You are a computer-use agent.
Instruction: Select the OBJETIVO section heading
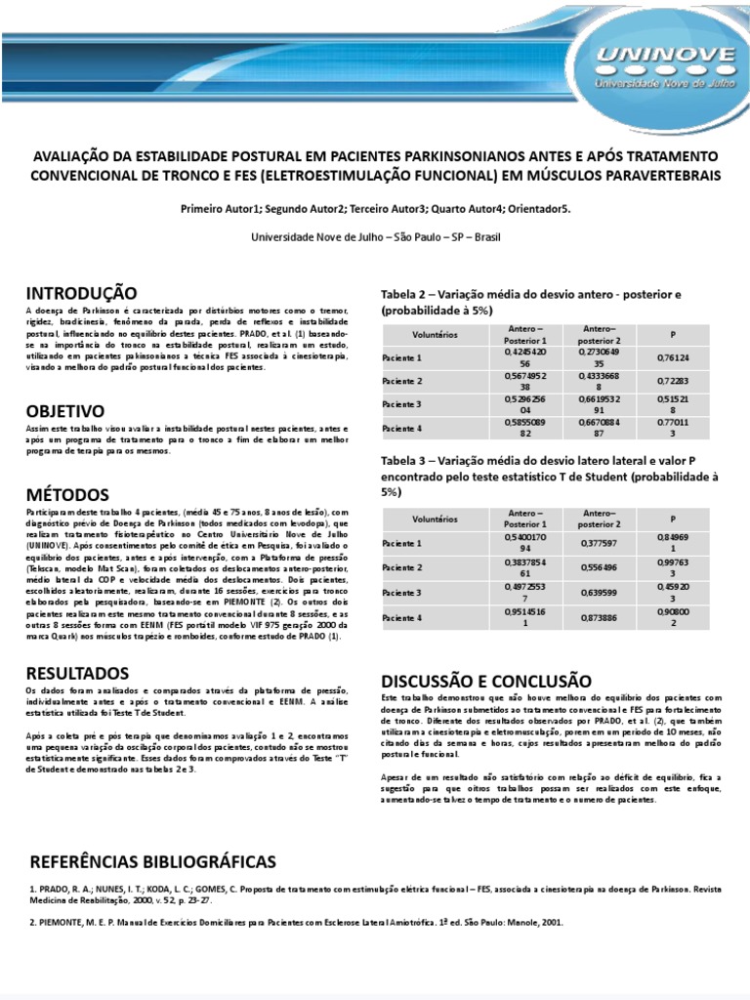pos(66,411)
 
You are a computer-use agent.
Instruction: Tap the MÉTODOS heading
pos(67,494)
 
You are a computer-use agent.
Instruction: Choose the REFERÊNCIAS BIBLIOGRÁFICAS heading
pos(153,861)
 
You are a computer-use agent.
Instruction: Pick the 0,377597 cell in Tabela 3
pos(599,543)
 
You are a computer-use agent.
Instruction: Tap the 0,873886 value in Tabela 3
pos(599,618)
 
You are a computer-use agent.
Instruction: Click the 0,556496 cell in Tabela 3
pos(599,567)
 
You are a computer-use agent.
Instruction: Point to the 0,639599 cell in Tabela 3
pos(599,593)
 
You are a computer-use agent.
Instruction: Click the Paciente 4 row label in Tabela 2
pos(402,429)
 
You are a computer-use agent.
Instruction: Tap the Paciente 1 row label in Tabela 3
pos(402,543)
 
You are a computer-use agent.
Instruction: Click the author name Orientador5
pos(536,209)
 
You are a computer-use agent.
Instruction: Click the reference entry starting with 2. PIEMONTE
pos(296,922)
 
